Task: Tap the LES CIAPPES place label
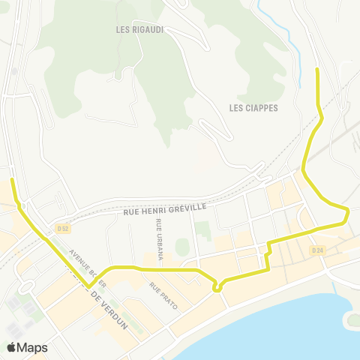253,108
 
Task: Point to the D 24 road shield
317,250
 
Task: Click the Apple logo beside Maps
12,347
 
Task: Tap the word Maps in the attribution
32,347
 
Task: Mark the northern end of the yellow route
316,69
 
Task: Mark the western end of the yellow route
11,180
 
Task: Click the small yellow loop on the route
217,286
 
